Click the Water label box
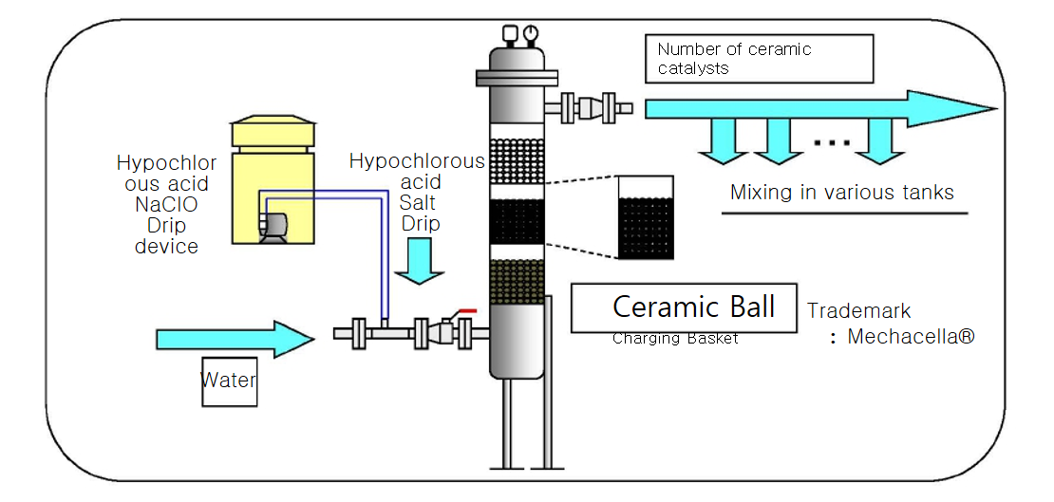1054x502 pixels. point(229,381)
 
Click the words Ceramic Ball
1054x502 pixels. point(693,307)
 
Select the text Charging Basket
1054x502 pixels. point(674,339)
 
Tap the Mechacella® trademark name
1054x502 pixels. point(910,337)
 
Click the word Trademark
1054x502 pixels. point(858,310)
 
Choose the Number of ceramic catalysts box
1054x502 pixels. point(764,58)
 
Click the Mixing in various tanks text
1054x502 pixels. point(841,193)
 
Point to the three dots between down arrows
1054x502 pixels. point(832,142)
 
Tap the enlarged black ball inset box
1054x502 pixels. point(646,217)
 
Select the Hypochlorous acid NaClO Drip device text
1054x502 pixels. point(158,204)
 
